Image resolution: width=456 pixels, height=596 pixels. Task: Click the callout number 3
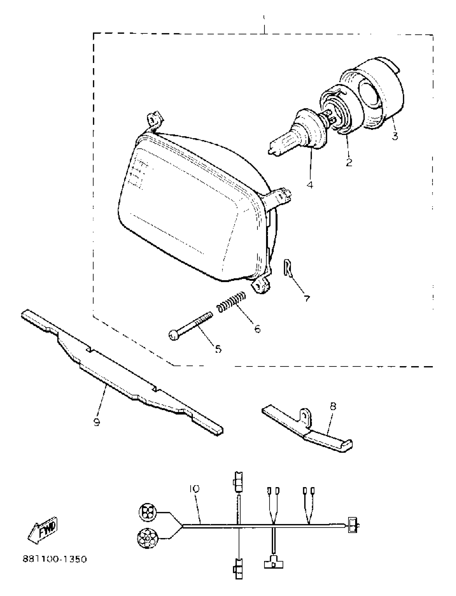[x=395, y=136]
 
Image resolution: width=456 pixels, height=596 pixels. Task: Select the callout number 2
[x=349, y=162]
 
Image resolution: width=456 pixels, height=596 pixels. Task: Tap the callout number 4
[x=310, y=185]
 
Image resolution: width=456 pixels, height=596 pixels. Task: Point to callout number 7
[x=307, y=299]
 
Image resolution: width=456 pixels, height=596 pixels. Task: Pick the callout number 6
[x=257, y=329]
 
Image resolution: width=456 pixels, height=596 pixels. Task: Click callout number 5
[x=218, y=349]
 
